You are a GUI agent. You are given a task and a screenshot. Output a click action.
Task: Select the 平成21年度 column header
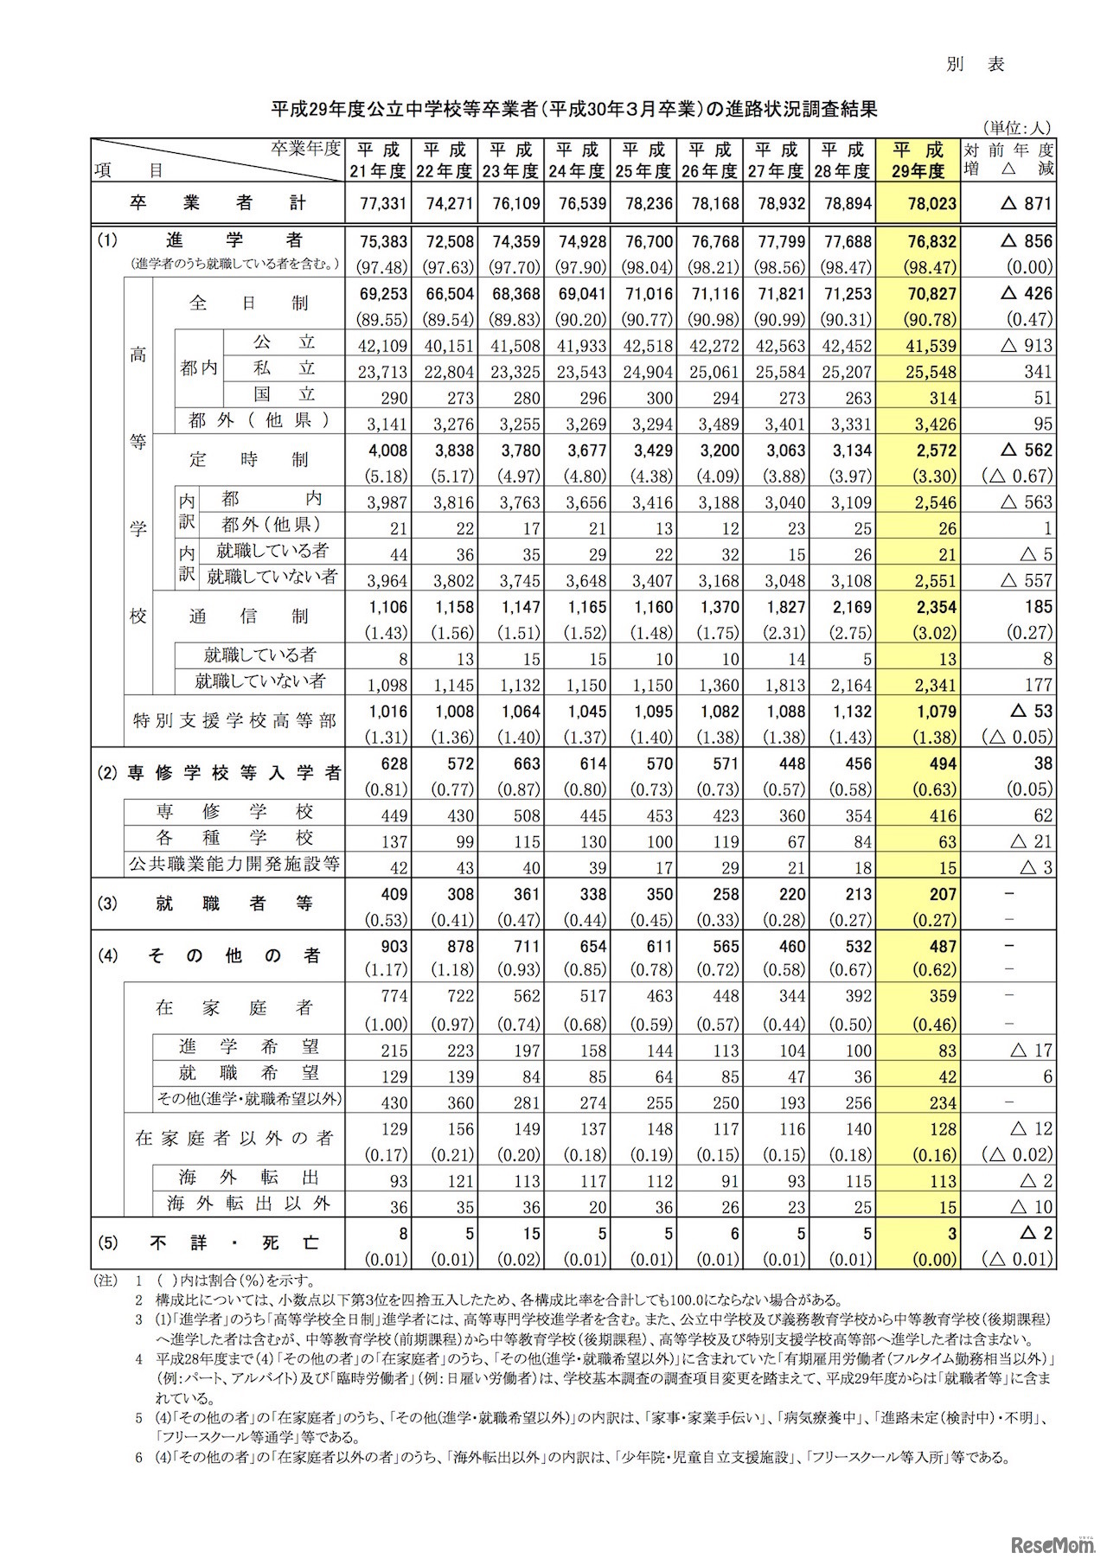tap(378, 160)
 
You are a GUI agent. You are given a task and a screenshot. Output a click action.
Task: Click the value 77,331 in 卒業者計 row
tap(379, 204)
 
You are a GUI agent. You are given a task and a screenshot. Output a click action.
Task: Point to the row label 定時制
tap(249, 459)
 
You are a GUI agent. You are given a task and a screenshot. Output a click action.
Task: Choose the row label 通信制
tap(249, 616)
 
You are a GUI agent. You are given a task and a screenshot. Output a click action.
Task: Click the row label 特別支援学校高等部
tap(234, 721)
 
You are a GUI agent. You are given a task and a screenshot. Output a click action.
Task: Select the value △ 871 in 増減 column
tap(1025, 204)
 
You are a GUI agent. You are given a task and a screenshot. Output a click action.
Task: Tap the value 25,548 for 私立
tap(931, 372)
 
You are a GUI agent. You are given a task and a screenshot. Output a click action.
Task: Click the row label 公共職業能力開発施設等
tap(234, 864)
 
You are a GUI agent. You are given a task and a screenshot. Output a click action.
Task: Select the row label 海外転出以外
tap(249, 1204)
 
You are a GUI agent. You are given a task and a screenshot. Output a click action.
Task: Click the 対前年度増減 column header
tap(1009, 160)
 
